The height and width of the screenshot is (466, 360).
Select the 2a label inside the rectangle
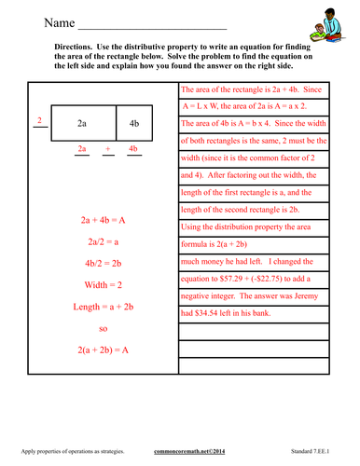point(82,123)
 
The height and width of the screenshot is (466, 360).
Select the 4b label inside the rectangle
point(132,123)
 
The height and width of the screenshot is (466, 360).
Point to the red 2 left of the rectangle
point(38,120)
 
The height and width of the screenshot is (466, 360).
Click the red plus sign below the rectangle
point(107,148)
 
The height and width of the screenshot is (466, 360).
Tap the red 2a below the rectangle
point(82,148)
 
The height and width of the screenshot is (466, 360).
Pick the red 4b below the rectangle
point(132,148)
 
